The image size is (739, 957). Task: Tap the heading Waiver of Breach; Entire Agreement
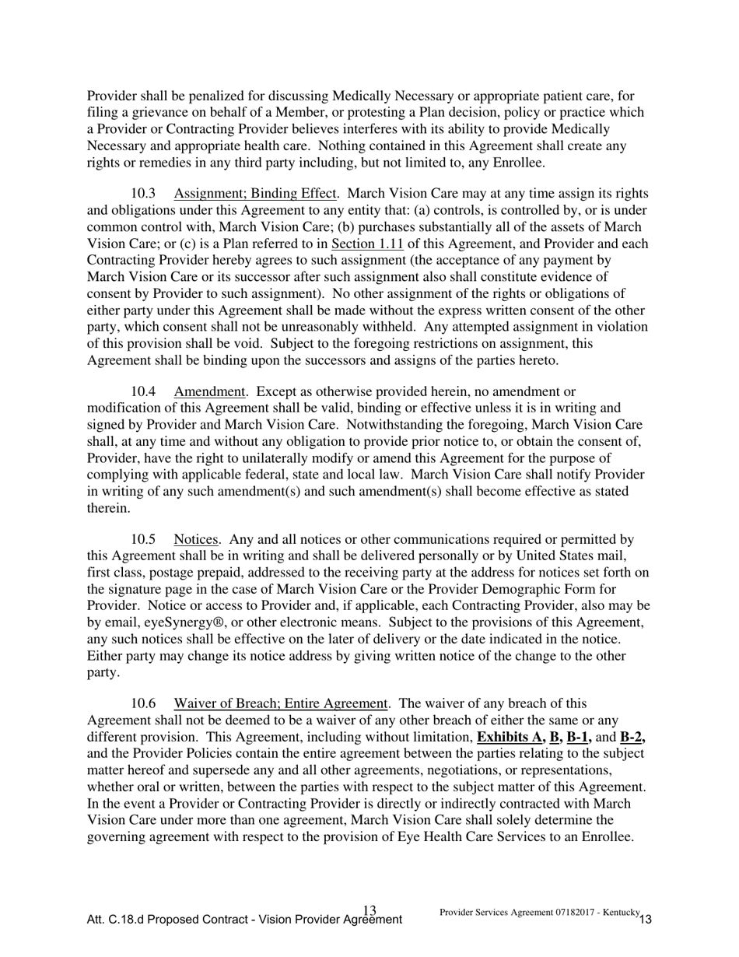click(281, 703)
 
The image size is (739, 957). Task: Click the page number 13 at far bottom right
click(646, 920)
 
